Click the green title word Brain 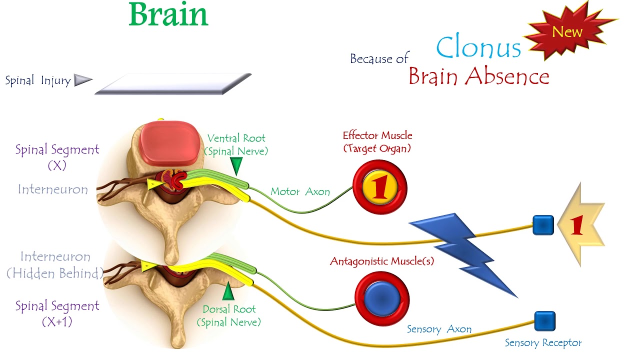click(x=168, y=15)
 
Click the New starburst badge click(x=568, y=32)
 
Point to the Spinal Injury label click(x=37, y=80)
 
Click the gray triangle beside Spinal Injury click(x=82, y=80)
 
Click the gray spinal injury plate click(x=173, y=83)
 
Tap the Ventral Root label click(x=236, y=144)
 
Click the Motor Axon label click(x=300, y=191)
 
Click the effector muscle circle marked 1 click(x=380, y=187)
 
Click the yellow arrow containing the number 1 click(x=580, y=225)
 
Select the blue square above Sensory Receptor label click(x=544, y=321)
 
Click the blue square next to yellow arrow click(x=543, y=225)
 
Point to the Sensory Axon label click(x=439, y=329)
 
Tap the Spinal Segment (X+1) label click(x=57, y=313)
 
